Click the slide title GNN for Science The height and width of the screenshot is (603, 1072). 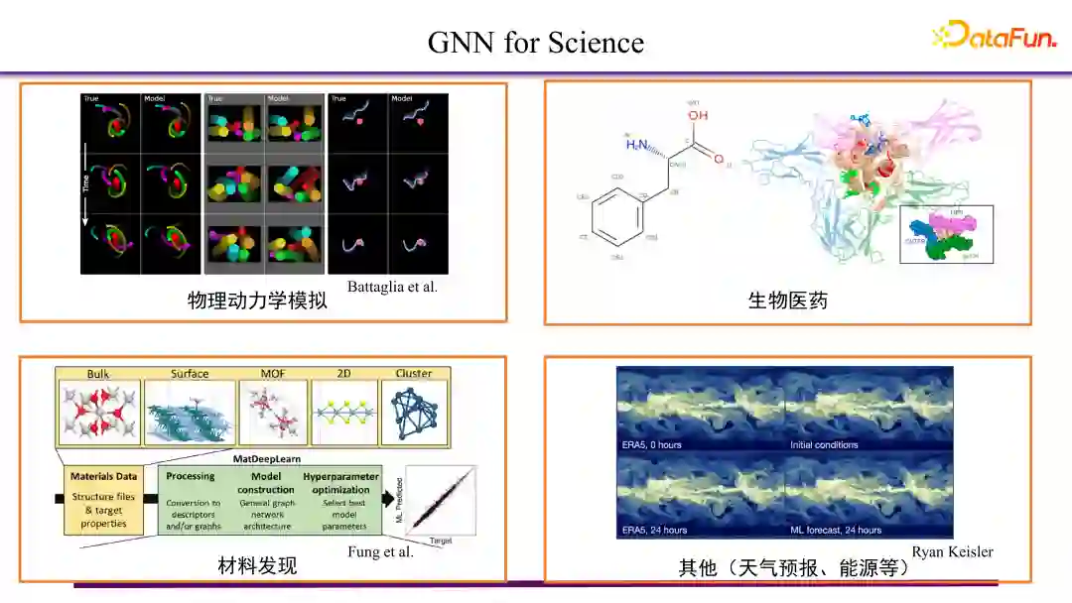click(x=535, y=43)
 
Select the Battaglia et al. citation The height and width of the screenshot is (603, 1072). click(x=392, y=287)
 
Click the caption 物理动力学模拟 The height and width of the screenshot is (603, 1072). click(x=257, y=301)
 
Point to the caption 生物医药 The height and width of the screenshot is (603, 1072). click(x=787, y=301)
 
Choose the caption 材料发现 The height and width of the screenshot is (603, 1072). click(x=257, y=566)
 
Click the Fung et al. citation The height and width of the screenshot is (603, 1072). click(x=380, y=551)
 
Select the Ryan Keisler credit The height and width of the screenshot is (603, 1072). click(x=952, y=551)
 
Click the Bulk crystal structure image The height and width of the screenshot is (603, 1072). click(x=99, y=411)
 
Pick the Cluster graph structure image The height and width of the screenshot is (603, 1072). click(x=414, y=411)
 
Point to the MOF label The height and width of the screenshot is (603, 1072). click(x=273, y=374)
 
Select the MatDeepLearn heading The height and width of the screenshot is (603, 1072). click(x=267, y=460)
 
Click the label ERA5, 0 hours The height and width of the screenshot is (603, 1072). click(x=651, y=444)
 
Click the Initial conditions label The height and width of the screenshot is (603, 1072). click(x=824, y=444)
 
